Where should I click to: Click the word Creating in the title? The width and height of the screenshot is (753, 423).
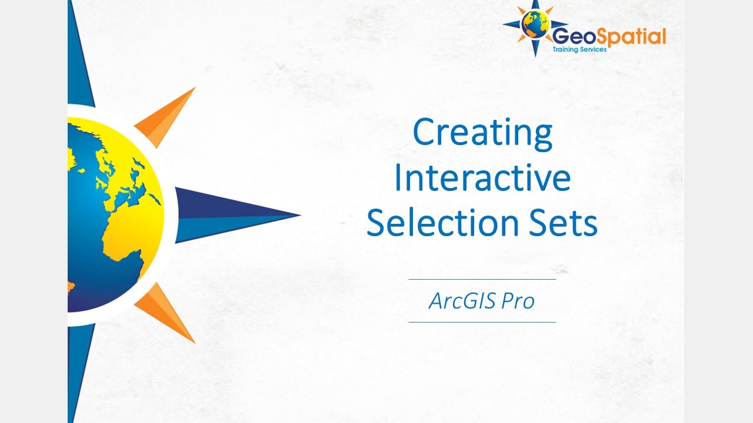[x=482, y=133]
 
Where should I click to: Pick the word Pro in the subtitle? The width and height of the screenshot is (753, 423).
[x=518, y=301]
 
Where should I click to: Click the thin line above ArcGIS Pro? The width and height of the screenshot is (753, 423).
[x=482, y=280]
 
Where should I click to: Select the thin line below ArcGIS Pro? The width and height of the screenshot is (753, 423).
[x=482, y=322]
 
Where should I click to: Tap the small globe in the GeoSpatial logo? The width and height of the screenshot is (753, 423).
[x=535, y=25]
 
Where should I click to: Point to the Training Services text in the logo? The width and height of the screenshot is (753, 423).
[x=579, y=50]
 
